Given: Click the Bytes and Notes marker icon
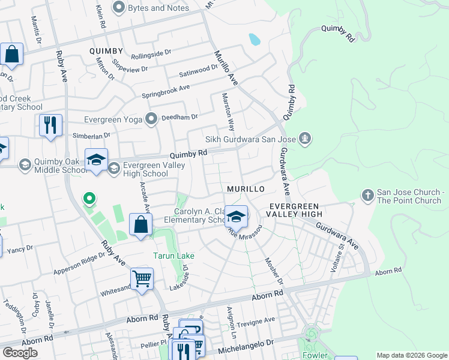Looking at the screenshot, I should tap(118, 8).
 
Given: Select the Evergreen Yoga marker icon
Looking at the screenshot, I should tap(152, 119).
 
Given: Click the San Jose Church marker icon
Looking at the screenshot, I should tap(367, 195).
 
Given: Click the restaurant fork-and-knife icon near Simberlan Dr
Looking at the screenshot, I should tap(50, 125).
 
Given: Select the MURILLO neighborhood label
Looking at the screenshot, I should tap(246, 189).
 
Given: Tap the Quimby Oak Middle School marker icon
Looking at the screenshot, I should tap(25, 164).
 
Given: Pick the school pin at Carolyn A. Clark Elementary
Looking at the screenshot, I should tap(237, 217).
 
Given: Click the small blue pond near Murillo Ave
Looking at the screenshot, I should tap(255, 40).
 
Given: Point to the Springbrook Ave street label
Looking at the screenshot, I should tap(166, 91).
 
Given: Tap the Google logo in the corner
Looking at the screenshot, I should tap(20, 353).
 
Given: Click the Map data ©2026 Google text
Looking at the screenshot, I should tap(411, 355).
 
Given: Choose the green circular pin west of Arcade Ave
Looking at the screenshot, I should tap(89, 197).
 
